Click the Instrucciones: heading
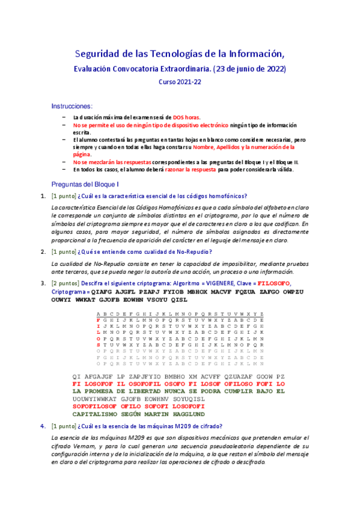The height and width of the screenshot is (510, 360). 72,105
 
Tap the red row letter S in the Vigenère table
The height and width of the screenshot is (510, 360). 98,345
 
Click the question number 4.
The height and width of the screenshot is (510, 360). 43,426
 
